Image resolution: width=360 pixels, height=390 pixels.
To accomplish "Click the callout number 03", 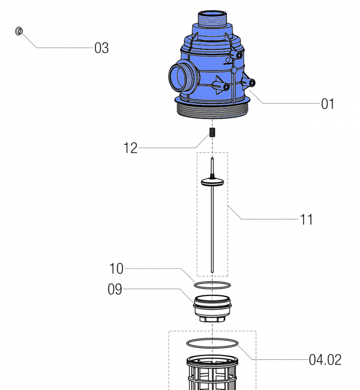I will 101,48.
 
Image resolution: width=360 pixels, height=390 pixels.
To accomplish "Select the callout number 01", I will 327,104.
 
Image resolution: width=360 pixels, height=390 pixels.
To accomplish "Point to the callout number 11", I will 306,220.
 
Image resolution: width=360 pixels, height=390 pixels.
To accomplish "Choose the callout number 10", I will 116,269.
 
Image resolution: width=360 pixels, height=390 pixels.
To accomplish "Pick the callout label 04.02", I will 325,360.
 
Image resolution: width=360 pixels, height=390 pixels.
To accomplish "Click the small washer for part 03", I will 19,31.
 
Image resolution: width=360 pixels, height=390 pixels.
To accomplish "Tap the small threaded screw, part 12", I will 213,133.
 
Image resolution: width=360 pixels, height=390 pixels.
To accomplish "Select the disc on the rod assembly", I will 212,182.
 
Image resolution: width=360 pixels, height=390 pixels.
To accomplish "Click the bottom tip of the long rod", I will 212,271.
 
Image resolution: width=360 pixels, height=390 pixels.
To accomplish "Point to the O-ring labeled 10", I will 212,285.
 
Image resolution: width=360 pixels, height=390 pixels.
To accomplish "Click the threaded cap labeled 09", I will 212,305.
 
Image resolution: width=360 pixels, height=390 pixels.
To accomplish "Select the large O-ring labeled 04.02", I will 212,343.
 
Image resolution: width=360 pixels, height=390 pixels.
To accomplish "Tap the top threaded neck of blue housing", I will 213,22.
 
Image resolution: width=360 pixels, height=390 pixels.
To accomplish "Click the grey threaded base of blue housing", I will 213,111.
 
